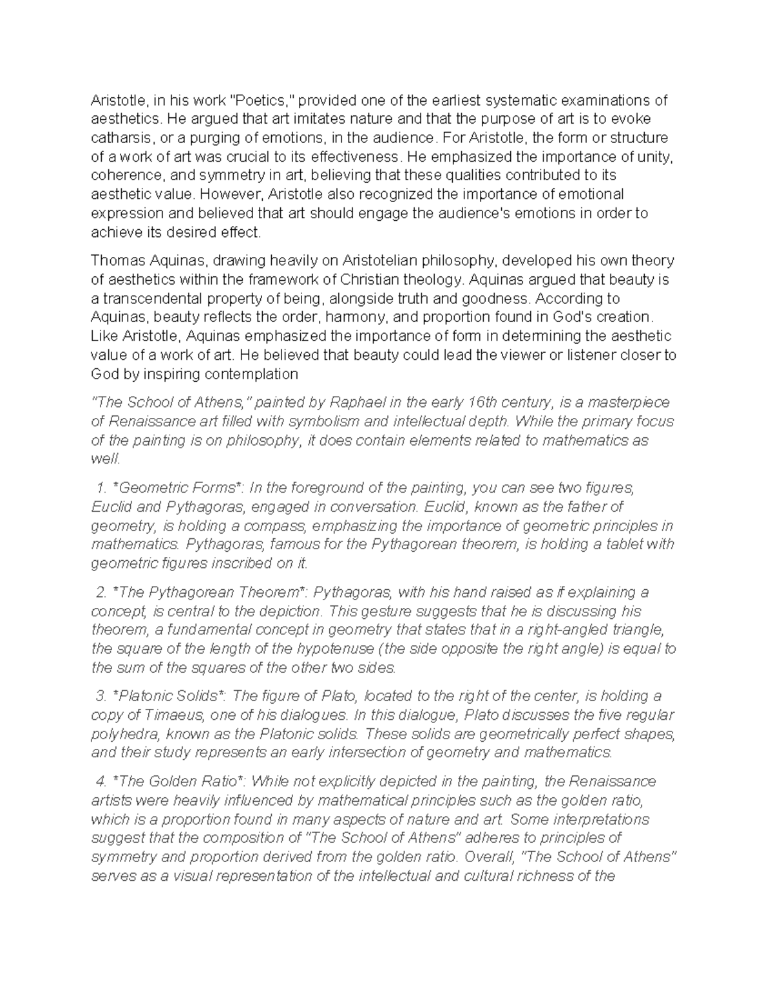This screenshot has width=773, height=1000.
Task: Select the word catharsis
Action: coord(122,138)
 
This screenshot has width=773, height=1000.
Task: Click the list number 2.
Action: coord(100,592)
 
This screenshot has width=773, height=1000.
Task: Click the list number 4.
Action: coord(100,782)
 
